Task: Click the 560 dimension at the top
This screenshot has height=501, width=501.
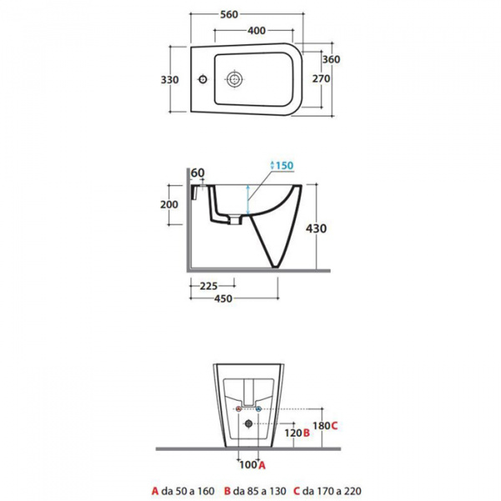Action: pos(229,14)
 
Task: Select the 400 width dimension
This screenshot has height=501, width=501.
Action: pos(256,31)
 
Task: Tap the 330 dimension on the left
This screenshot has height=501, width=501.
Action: pos(170,79)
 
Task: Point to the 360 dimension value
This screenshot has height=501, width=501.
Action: pos(331,59)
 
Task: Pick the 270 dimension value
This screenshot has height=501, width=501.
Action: pos(321,78)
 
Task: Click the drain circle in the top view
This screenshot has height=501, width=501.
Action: pos(235,78)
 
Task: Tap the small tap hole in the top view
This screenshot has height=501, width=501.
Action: pos(203,79)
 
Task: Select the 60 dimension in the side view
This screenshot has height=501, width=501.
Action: pos(197,173)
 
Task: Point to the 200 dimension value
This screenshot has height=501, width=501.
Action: pos(169,205)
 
